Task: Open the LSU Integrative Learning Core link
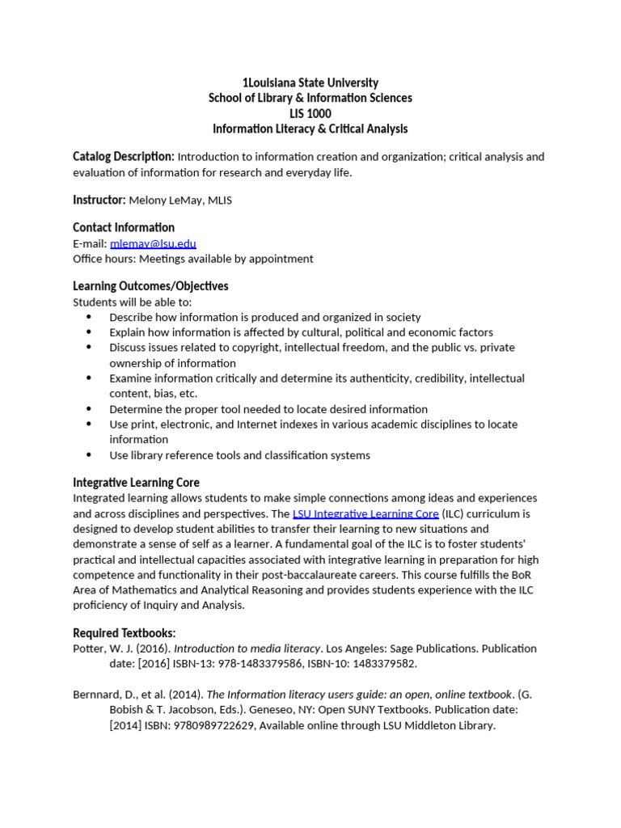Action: tap(365, 513)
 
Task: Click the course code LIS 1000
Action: tap(310, 113)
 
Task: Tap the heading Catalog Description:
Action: tap(123, 156)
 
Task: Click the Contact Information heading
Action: tap(123, 227)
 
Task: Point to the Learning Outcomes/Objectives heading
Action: tap(150, 286)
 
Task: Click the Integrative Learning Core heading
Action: tap(136, 483)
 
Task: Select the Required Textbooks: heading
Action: tap(124, 632)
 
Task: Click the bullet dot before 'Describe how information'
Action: tap(88, 317)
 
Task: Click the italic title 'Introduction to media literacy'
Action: tap(247, 648)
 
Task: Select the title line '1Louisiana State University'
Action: tap(310, 82)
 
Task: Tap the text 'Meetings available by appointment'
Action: tap(226, 259)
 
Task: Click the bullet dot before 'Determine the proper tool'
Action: tap(88, 409)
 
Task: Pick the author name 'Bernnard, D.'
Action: tap(106, 695)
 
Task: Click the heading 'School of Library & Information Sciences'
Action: tap(310, 98)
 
